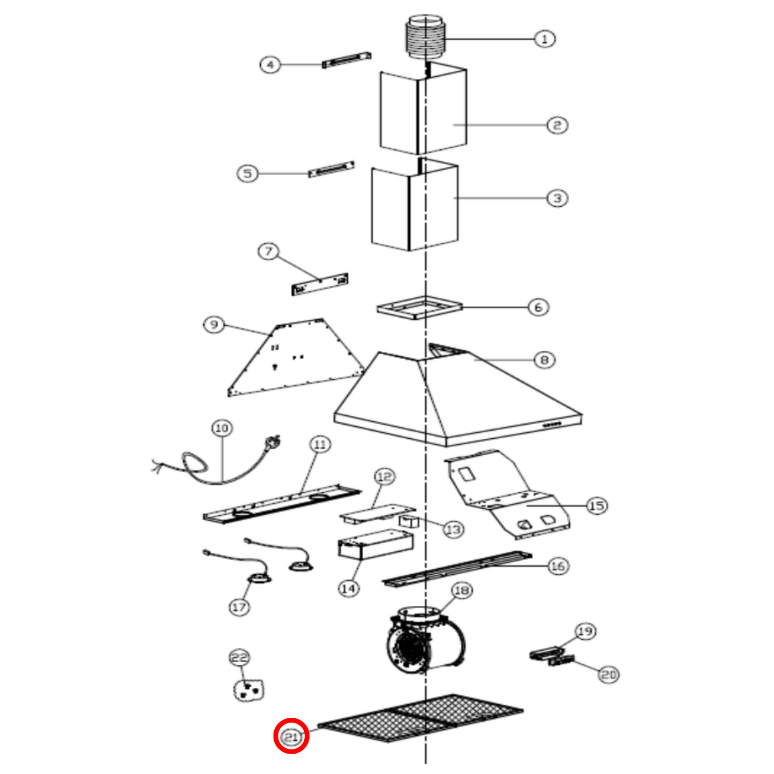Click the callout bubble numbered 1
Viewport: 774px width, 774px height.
pyautogui.click(x=545, y=39)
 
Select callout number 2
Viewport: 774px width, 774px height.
pyautogui.click(x=557, y=125)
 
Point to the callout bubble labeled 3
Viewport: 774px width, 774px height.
pyautogui.click(x=557, y=198)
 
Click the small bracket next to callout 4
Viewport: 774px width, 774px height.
pyautogui.click(x=347, y=59)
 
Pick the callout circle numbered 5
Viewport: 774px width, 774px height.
pyautogui.click(x=247, y=173)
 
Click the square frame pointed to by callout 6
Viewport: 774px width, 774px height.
pyautogui.click(x=419, y=308)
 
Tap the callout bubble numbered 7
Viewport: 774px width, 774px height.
pyautogui.click(x=268, y=251)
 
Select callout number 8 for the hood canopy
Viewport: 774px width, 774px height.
pyautogui.click(x=544, y=359)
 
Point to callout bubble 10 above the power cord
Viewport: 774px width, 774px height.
pyautogui.click(x=222, y=428)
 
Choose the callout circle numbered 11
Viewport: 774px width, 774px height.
pyautogui.click(x=320, y=444)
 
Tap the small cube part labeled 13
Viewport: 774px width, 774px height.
pyautogui.click(x=409, y=521)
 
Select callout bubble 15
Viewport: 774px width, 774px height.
pyautogui.click(x=597, y=506)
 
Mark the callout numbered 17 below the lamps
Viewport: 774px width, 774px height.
pyautogui.click(x=239, y=607)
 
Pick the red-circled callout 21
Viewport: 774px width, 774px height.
pyautogui.click(x=291, y=737)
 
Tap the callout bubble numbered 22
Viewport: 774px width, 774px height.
pyautogui.click(x=239, y=657)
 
